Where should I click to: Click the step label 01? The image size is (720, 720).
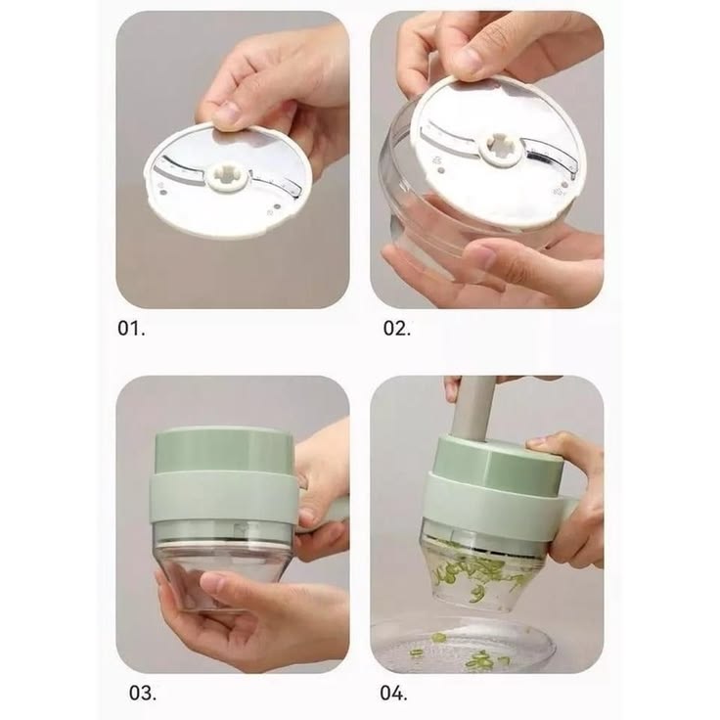[131, 328]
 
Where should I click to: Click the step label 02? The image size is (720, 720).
[397, 328]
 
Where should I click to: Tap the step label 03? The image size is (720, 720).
[143, 693]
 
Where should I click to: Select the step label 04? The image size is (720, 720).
[393, 693]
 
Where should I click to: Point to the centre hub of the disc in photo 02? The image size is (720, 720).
[501, 151]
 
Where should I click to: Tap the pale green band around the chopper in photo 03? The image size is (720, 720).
[224, 497]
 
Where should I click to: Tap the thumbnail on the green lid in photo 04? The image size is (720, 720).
[536, 443]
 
